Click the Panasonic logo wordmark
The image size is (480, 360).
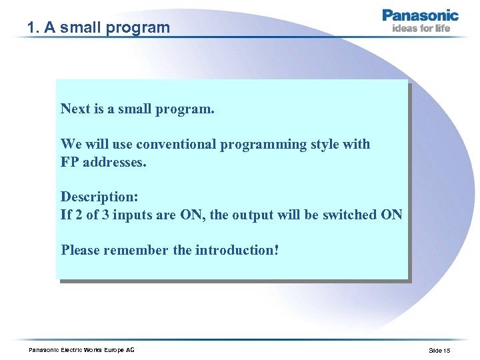pos(420,15)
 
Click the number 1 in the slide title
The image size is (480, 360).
pos(31,27)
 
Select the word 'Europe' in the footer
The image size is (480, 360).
pos(107,350)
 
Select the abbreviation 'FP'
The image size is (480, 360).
pos(70,161)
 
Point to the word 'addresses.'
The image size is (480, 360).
pos(114,161)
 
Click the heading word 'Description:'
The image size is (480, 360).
pos(99,197)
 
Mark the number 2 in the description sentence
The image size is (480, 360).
pos(75,215)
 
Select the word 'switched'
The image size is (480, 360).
pos(349,215)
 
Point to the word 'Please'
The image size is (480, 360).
pos(80,250)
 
